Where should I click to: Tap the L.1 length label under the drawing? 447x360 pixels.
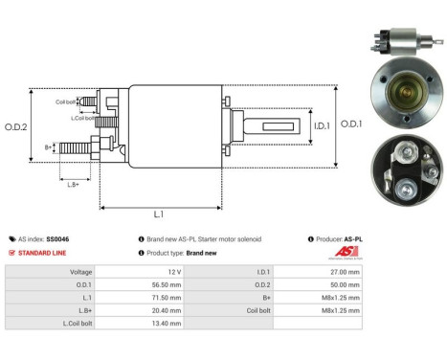158,216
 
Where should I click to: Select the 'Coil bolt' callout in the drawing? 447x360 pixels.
65,100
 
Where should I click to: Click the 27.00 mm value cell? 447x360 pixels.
346,272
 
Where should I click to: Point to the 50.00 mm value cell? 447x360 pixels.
346,284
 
